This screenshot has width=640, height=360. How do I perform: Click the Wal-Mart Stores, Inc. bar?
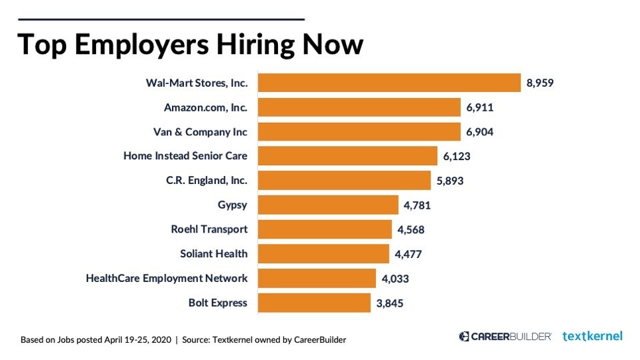(389, 83)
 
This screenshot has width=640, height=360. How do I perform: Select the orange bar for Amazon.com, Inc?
(359, 107)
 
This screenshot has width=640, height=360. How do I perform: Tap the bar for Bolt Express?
(313, 303)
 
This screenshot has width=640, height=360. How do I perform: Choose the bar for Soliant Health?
(323, 253)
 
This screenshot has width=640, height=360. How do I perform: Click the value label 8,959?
(540, 83)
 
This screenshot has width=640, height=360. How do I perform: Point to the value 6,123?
(457, 156)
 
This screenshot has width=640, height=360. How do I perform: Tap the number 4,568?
(411, 229)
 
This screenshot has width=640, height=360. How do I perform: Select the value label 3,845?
(389, 303)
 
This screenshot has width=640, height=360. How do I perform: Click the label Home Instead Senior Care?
(185, 156)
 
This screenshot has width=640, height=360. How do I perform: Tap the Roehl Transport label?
(209, 229)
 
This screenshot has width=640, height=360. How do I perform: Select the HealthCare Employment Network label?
(167, 278)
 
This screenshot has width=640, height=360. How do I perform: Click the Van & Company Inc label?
(200, 132)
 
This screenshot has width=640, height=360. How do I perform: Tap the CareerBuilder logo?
(505, 336)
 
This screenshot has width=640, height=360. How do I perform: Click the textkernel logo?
(592, 336)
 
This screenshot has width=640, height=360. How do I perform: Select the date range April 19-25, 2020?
(137, 339)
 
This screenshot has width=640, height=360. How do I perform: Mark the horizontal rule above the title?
(160, 19)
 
